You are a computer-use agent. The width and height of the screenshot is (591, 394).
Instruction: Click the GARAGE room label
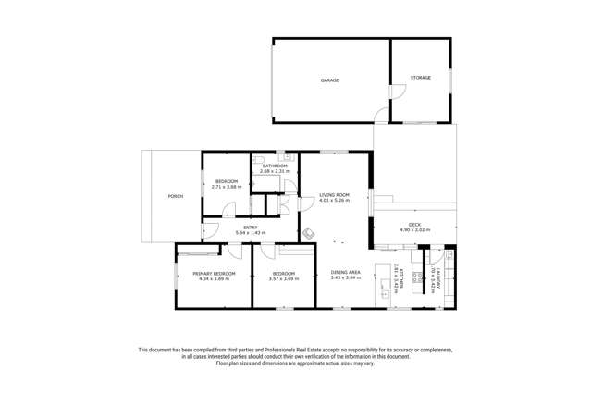[x=329, y=80]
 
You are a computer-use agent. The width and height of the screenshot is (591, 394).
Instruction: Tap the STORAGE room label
[x=421, y=78]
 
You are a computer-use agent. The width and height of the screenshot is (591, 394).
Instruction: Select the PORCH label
[x=175, y=197]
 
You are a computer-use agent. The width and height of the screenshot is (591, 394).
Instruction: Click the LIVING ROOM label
[x=334, y=194]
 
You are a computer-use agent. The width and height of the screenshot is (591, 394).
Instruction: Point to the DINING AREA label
[x=346, y=272]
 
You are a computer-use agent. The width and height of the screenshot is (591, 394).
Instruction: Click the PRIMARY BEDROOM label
[x=214, y=274]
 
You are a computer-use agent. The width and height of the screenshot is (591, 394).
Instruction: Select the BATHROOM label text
[x=275, y=166]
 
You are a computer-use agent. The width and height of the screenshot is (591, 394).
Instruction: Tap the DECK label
[x=415, y=225]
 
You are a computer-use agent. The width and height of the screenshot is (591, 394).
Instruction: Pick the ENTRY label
[x=251, y=228]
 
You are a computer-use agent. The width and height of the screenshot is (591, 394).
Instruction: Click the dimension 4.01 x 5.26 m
[x=334, y=200]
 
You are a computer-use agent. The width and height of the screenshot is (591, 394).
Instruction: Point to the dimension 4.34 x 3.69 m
[x=214, y=278]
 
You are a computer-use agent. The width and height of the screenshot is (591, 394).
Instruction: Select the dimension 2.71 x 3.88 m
[x=227, y=187]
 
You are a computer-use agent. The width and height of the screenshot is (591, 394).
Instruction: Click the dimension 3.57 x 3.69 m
[x=284, y=278]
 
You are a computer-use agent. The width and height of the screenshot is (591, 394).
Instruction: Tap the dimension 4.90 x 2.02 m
[x=415, y=230]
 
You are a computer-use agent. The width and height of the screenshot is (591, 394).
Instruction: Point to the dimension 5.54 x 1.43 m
[x=251, y=233]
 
